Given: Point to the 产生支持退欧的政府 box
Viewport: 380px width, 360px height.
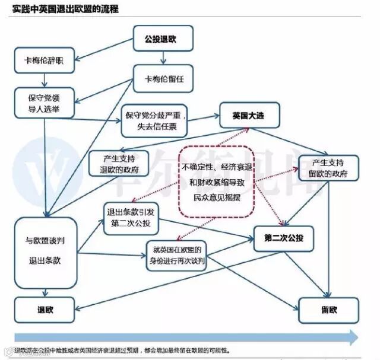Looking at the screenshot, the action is point(116,165).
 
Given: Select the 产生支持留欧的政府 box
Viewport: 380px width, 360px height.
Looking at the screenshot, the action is point(328,168).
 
